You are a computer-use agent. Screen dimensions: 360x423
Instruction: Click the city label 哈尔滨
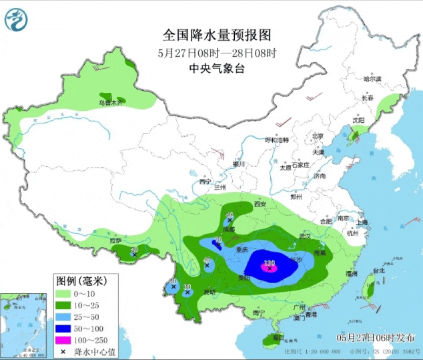click(x=372, y=79)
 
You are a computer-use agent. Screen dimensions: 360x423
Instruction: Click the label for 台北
click(x=378, y=271)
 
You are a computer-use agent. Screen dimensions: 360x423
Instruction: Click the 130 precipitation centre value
click(x=270, y=263)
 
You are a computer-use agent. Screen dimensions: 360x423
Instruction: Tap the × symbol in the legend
click(x=63, y=351)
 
